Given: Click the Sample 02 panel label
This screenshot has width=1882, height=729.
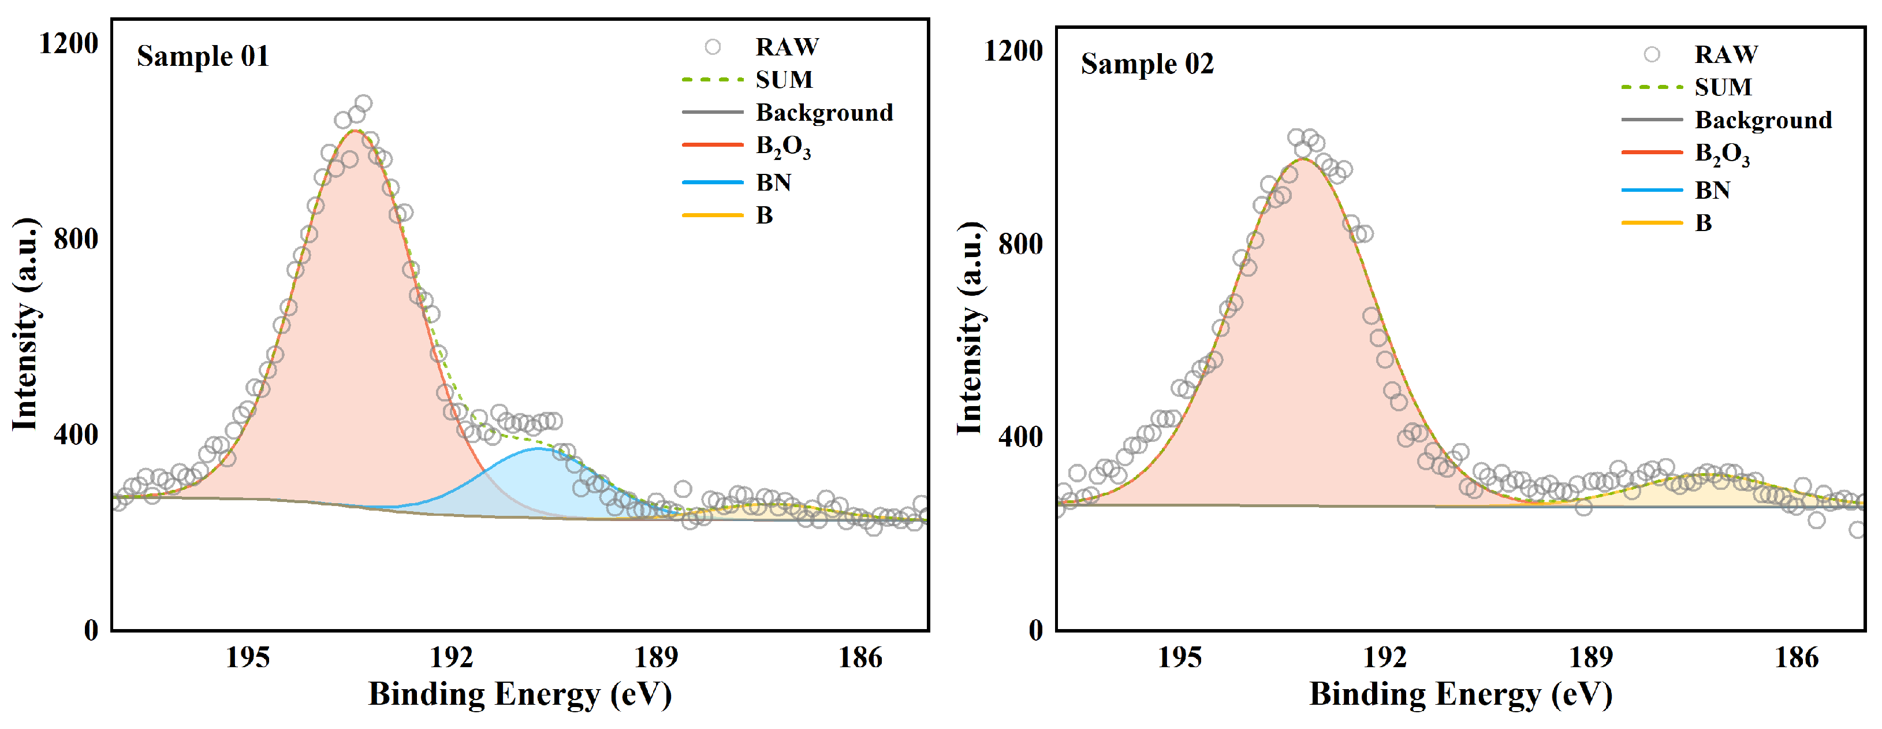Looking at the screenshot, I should click(x=1147, y=64).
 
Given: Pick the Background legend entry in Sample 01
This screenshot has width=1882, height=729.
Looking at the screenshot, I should click(x=823, y=113).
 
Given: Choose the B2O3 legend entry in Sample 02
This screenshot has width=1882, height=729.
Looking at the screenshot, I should click(x=1721, y=154).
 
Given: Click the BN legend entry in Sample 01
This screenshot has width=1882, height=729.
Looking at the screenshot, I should click(x=773, y=182).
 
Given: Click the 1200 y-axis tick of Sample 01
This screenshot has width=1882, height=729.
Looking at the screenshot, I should click(x=68, y=44).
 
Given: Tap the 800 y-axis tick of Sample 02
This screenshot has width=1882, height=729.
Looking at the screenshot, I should click(x=1020, y=244).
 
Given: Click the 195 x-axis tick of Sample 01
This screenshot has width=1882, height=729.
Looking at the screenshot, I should click(x=247, y=658).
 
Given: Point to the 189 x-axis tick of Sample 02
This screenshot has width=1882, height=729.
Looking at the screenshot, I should click(x=1590, y=658).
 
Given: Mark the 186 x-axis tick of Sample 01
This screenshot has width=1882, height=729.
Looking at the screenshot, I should click(x=860, y=658).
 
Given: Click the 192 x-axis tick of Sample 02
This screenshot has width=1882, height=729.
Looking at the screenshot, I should click(x=1385, y=658).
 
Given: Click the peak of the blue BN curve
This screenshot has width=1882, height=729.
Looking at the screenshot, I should click(x=538, y=448).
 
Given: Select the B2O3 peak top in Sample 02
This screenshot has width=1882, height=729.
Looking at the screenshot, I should click(x=1303, y=158).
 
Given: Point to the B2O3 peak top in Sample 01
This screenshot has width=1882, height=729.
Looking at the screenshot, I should click(x=355, y=131).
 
